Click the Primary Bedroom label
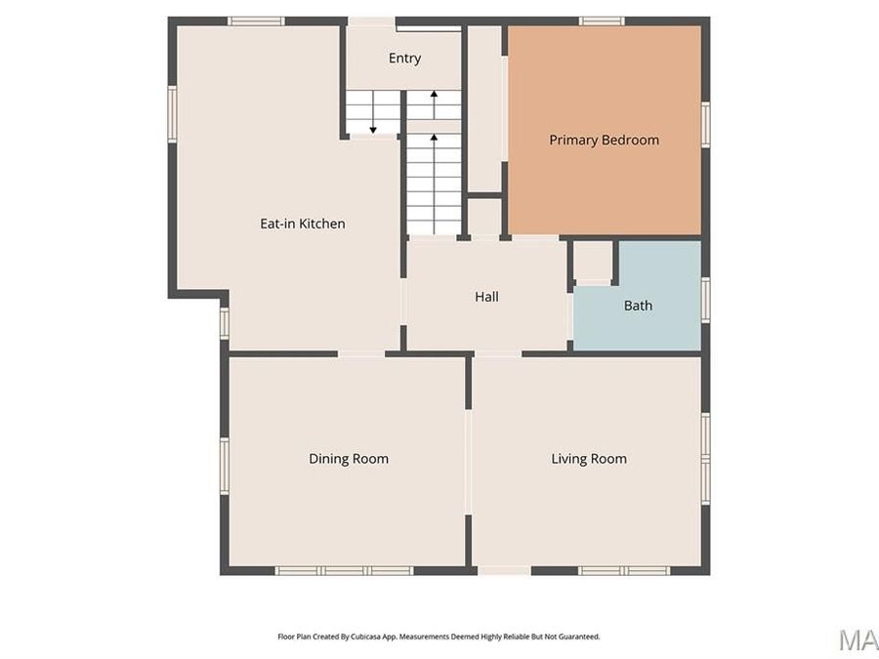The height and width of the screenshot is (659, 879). (604, 140)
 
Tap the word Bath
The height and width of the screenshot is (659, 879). (638, 306)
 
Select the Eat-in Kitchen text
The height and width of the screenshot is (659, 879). (302, 224)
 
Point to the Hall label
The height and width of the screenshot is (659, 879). (486, 297)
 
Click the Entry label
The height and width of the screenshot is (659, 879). (404, 59)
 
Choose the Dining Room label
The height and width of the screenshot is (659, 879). (349, 459)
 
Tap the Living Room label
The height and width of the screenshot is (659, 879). (589, 459)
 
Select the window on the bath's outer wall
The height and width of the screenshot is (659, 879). (705, 299)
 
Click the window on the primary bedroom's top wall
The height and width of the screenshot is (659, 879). (601, 21)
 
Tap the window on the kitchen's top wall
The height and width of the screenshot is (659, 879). (256, 21)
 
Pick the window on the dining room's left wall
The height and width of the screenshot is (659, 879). (224, 465)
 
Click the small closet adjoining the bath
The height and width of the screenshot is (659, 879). (592, 261)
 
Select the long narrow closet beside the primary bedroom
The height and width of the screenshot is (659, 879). (484, 107)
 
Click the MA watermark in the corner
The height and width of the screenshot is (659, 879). (858, 639)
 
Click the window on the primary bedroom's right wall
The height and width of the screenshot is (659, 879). (705, 125)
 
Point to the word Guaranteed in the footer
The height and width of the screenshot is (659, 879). (578, 637)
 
